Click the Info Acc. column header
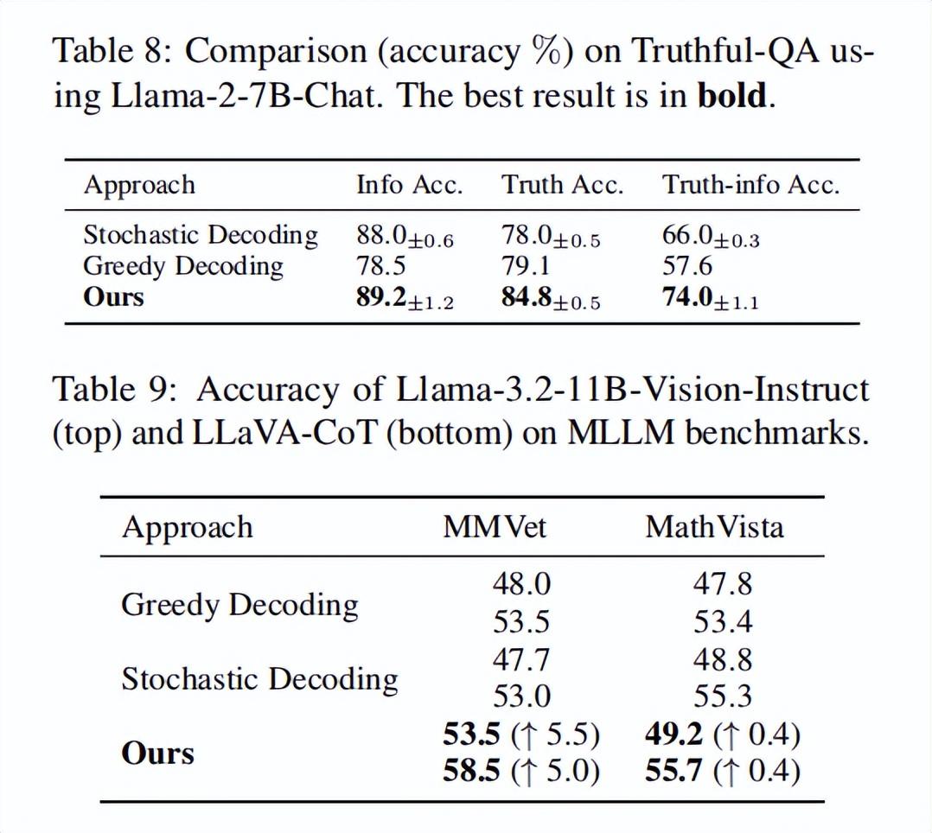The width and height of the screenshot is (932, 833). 409,186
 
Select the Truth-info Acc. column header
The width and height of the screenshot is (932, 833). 750,186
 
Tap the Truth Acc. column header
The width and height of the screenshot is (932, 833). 562,186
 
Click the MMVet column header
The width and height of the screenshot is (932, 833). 495,527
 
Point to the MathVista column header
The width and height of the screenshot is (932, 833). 714,527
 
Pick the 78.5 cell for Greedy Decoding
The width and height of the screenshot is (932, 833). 380,266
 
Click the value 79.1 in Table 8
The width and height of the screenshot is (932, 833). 526,266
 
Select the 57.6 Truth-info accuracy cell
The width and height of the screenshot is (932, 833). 687,266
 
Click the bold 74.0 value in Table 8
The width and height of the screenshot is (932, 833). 688,297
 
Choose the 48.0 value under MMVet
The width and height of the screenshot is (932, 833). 521,585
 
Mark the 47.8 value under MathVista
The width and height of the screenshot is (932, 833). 723,585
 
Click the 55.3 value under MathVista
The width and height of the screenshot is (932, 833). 723,696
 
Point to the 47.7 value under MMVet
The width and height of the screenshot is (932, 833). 521,660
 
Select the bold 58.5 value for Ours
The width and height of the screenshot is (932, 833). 472,769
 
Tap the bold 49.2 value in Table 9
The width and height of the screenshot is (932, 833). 674,734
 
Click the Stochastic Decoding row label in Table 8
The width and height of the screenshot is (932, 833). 201,235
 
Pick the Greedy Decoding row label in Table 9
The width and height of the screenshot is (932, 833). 239,605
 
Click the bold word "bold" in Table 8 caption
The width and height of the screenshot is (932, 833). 731,95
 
